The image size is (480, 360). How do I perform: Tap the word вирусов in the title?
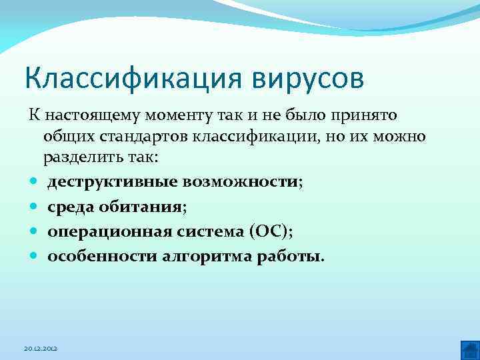309,79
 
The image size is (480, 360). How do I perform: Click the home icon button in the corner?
469,349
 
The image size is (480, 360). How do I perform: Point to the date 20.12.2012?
41,349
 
